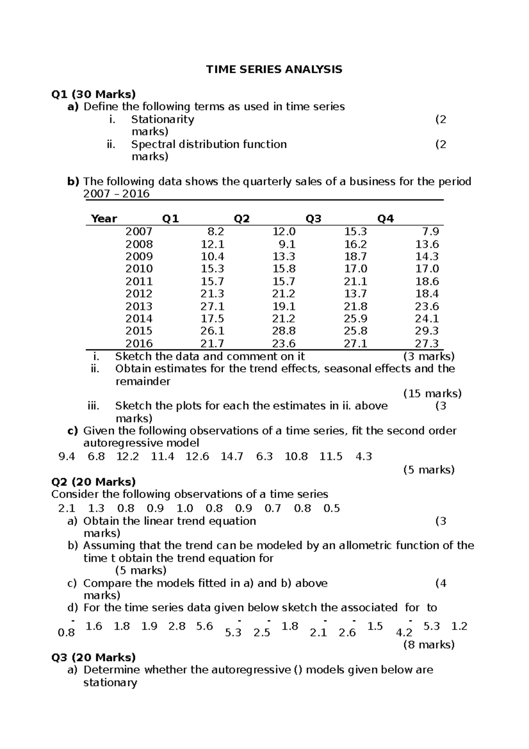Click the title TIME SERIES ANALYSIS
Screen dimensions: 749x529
point(274,69)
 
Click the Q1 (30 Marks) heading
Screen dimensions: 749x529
point(93,94)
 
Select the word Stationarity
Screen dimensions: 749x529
point(162,119)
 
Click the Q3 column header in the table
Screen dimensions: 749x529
point(313,219)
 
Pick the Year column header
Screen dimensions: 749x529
point(104,219)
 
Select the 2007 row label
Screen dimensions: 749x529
point(139,232)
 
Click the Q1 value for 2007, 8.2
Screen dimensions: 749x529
point(216,232)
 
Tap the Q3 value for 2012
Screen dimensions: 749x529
point(355,294)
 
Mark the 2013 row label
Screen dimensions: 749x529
point(139,306)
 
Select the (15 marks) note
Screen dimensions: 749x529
point(432,393)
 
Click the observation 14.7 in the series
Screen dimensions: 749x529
point(232,457)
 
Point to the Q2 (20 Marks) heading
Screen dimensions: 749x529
point(93,482)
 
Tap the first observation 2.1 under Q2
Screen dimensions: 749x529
point(67,508)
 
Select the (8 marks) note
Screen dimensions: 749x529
point(429,645)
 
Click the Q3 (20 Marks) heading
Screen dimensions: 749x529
point(93,657)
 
